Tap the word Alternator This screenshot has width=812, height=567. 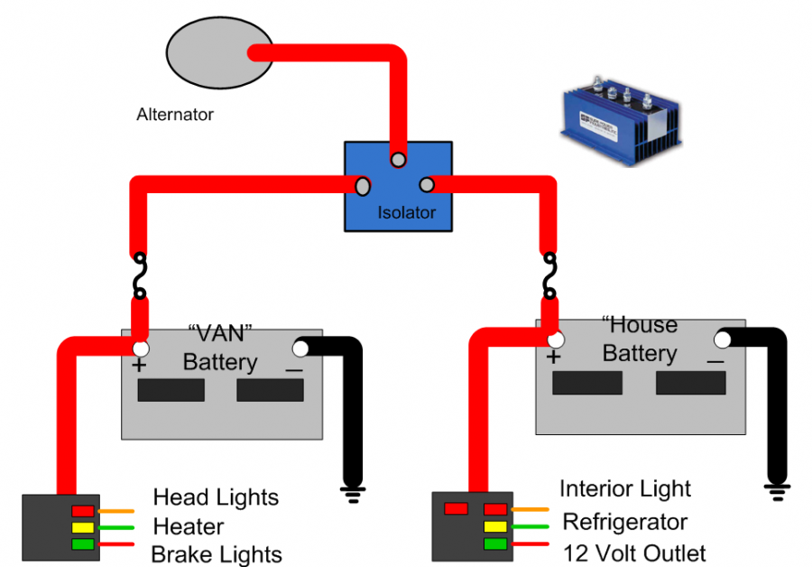175,115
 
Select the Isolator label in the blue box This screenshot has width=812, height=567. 406,213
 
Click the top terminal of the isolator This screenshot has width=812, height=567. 397,161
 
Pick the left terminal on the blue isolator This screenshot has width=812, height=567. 363,186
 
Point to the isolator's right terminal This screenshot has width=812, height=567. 427,186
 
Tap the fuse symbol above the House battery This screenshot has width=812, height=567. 549,274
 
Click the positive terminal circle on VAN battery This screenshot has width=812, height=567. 140,349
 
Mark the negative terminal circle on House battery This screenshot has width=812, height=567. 723,340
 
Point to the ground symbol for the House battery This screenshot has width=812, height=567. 775,491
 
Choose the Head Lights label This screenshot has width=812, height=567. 216,497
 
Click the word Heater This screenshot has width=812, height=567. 189,526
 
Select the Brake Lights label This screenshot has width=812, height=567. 217,554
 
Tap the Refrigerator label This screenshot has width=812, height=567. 624,522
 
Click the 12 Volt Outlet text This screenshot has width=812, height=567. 634,553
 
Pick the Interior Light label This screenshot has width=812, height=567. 625,489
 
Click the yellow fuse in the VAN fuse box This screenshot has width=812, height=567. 83,527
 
